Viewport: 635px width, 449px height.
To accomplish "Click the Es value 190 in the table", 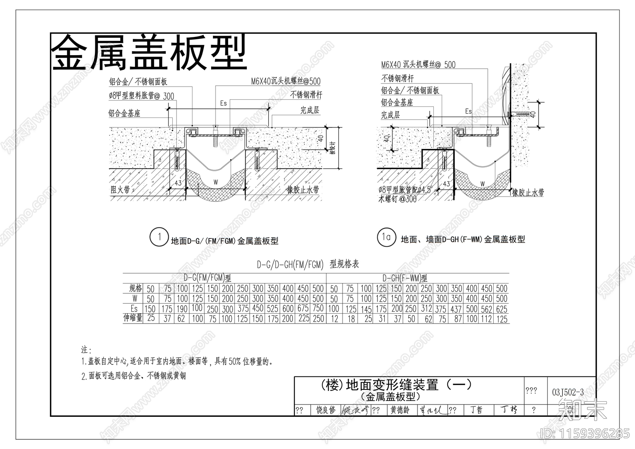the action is pyautogui.click(x=182, y=309).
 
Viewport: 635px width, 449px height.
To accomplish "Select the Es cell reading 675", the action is pyautogui.click(x=303, y=308).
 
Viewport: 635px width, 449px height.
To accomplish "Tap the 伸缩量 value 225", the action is pyautogui.click(x=304, y=318).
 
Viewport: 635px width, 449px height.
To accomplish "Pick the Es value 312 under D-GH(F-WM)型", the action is pyautogui.click(x=426, y=309).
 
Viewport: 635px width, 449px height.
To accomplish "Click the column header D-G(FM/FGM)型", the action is pyautogui.click(x=207, y=278).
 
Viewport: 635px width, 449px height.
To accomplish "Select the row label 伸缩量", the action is pyautogui.click(x=133, y=318).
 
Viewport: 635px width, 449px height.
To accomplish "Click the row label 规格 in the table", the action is pyautogui.click(x=135, y=288).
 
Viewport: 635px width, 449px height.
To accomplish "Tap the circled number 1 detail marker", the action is pyautogui.click(x=159, y=237).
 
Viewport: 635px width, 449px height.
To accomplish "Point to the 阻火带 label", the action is pyautogui.click(x=120, y=190).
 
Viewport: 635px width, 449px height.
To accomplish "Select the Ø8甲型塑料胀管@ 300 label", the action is pyautogui.click(x=141, y=96).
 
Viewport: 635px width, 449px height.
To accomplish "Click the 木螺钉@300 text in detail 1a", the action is pyautogui.click(x=397, y=199).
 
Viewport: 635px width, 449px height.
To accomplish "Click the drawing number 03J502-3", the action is pyautogui.click(x=568, y=392).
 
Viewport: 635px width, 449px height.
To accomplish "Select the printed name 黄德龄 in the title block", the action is pyautogui.click(x=400, y=410).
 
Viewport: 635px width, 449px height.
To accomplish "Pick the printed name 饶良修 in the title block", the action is pyautogui.click(x=325, y=410).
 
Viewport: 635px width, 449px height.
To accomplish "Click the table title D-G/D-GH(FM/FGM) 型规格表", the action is pyautogui.click(x=308, y=264).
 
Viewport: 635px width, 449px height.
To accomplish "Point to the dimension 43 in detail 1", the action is pyautogui.click(x=178, y=183).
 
